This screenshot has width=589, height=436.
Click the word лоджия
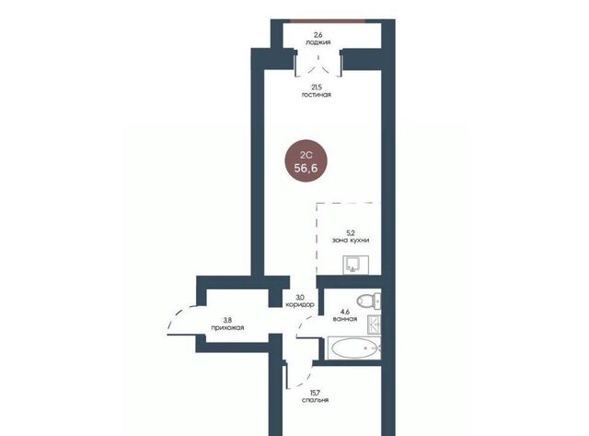[x=318, y=42]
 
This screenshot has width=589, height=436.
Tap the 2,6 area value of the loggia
[x=318, y=35]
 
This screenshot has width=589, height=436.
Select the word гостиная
[x=317, y=95]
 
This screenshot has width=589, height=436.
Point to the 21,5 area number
[x=317, y=88]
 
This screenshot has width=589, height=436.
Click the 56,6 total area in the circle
[x=306, y=168]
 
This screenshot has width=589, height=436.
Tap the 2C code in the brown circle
[x=306, y=155]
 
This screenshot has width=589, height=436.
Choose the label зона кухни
[x=351, y=241]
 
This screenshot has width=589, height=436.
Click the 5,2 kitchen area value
[x=351, y=233]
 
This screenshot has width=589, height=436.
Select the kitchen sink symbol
[x=356, y=265]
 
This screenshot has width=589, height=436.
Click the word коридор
[x=300, y=305]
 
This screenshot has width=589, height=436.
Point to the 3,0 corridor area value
[x=300, y=297]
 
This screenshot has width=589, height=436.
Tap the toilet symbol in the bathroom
[x=368, y=300]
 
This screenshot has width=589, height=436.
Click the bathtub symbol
[x=354, y=348]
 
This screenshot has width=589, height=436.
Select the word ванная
[x=345, y=319]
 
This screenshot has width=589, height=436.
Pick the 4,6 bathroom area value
[x=345, y=312]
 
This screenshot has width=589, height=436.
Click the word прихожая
[x=227, y=327]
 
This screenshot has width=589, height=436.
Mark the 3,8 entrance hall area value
[x=227, y=320]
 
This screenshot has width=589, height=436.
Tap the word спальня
[x=315, y=400]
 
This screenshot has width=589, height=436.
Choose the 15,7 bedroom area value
[x=315, y=393]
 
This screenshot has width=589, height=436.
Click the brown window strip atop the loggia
[x=328, y=20]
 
